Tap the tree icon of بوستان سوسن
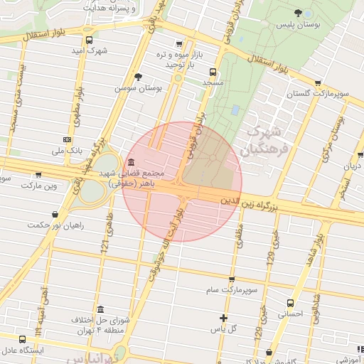coord(138,77)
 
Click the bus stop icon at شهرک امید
coord(88,41)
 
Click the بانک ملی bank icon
coord(67,140)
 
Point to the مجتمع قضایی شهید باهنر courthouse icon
coord(132,162)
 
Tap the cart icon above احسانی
coord(290,301)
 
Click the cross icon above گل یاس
coord(224,318)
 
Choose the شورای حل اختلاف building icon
coord(100,310)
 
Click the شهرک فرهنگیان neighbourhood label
coord(262,141)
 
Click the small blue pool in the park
coord(235,110)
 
